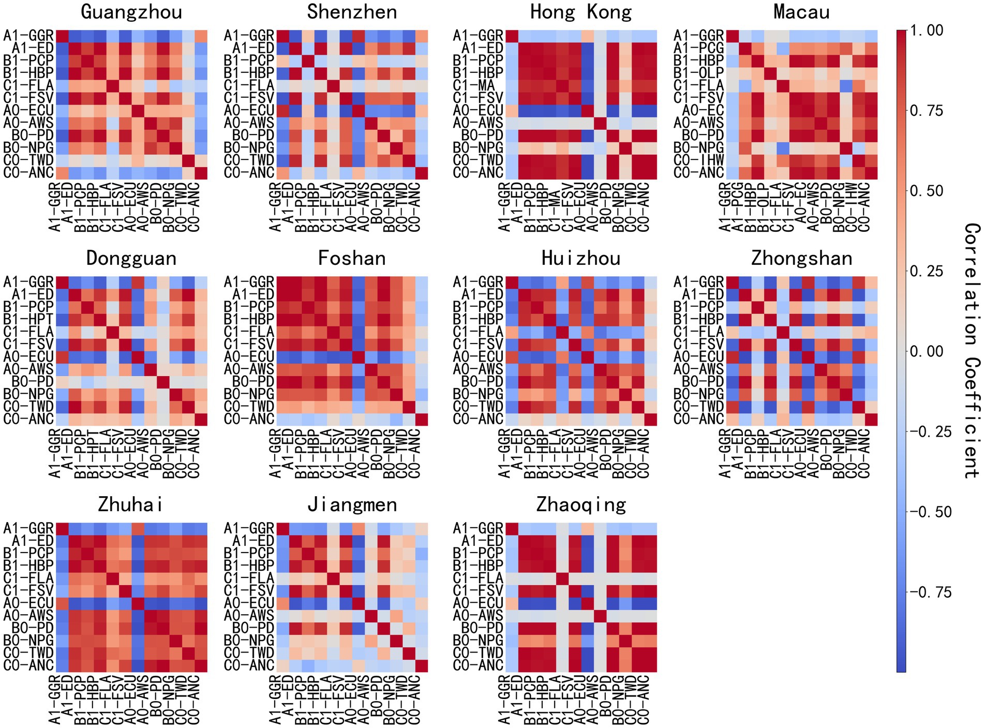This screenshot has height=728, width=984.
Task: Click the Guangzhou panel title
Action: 131,12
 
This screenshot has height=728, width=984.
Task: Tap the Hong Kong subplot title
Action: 581,12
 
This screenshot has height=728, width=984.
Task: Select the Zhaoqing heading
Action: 581,504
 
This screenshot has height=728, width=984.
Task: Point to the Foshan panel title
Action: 352,258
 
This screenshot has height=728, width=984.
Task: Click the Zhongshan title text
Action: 801,258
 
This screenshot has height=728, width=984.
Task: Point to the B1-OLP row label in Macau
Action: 698,73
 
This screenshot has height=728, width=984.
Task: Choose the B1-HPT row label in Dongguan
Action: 28,319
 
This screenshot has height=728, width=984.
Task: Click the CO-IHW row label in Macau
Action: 698,160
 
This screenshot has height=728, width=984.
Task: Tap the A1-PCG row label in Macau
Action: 698,48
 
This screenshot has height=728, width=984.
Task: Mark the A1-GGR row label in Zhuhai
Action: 28,528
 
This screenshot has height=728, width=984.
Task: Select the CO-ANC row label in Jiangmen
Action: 249,665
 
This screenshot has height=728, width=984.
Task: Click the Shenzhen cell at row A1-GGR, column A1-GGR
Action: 283,36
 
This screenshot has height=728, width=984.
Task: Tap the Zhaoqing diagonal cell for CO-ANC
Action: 650,665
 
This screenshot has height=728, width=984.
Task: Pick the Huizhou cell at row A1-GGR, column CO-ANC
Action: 650,282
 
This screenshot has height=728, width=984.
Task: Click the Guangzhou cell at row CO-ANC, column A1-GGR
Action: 62,173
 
